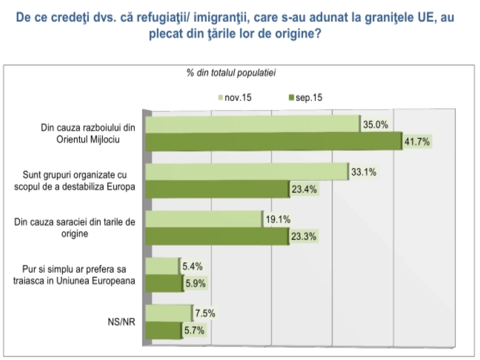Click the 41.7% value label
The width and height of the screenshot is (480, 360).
[x=417, y=142]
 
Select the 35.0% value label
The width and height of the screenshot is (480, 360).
[x=375, y=124]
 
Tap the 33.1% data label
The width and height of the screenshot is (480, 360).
[x=364, y=172]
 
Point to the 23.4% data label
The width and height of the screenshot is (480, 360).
[x=304, y=189]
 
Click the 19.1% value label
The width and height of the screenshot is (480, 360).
[x=278, y=220]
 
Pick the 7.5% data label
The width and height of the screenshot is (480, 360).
[x=205, y=313]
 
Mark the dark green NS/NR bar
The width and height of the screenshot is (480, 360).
[x=163, y=331]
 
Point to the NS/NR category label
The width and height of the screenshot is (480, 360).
[x=121, y=322]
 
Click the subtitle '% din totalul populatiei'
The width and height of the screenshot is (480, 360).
[x=231, y=73]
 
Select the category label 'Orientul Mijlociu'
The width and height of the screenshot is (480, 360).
[x=88, y=139]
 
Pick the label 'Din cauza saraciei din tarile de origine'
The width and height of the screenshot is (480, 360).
[x=75, y=228]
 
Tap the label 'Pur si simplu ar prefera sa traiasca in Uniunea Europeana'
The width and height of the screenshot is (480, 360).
[x=74, y=275]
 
